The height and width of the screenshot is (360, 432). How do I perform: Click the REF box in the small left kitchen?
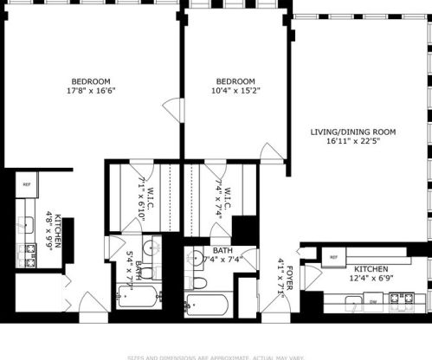pyautogui.click(x=27, y=184)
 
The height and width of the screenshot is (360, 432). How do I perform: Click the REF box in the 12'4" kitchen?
pyautogui.click(x=333, y=257)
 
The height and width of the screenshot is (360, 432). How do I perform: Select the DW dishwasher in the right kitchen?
pyautogui.click(x=374, y=302)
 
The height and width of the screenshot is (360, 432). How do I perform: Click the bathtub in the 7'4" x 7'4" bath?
pyautogui.click(x=206, y=305)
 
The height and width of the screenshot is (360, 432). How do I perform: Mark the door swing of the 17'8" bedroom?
pyautogui.click(x=172, y=110)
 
